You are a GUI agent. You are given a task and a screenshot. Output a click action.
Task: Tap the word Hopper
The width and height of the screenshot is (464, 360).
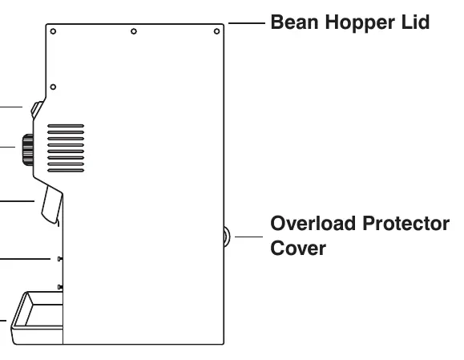pyautogui.click(x=360, y=23)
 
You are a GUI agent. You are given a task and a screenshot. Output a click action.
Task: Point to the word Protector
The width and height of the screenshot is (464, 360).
pyautogui.click(x=406, y=224)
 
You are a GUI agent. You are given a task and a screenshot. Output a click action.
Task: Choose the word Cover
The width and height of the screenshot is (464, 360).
pyautogui.click(x=298, y=248)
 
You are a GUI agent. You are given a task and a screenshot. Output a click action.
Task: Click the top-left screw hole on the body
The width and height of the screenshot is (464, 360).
pyautogui.click(x=53, y=31)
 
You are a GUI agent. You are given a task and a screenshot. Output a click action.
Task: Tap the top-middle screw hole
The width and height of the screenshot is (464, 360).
pyautogui.click(x=134, y=31)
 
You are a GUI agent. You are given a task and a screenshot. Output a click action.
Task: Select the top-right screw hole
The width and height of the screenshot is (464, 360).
pyautogui.click(x=216, y=31)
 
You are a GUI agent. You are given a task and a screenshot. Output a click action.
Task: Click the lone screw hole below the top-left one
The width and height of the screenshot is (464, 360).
pyautogui.click(x=53, y=87)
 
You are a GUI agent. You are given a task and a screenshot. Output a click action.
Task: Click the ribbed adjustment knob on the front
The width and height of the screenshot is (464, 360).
pyautogui.click(x=28, y=150)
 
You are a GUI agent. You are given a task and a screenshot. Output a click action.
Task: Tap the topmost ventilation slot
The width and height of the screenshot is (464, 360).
pyautogui.click(x=66, y=126)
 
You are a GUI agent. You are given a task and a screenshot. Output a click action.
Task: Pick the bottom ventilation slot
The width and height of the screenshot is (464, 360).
pyautogui.click(x=66, y=170)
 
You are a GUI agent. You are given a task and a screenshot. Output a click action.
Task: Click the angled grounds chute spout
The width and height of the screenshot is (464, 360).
pyautogui.click(x=52, y=205)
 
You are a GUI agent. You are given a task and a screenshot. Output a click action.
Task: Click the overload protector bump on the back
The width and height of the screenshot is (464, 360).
pyautogui.click(x=226, y=237)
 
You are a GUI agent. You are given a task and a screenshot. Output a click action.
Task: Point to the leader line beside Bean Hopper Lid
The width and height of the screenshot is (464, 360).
pyautogui.click(x=247, y=22)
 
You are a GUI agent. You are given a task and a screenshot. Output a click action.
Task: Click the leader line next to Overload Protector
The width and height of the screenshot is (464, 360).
pyautogui.click(x=248, y=237)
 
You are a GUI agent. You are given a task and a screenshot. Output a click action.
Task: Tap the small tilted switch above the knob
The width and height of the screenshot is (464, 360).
pyautogui.click(x=37, y=110)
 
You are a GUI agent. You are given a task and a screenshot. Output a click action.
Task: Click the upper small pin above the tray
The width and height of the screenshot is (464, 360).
pyautogui.click(x=60, y=259)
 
